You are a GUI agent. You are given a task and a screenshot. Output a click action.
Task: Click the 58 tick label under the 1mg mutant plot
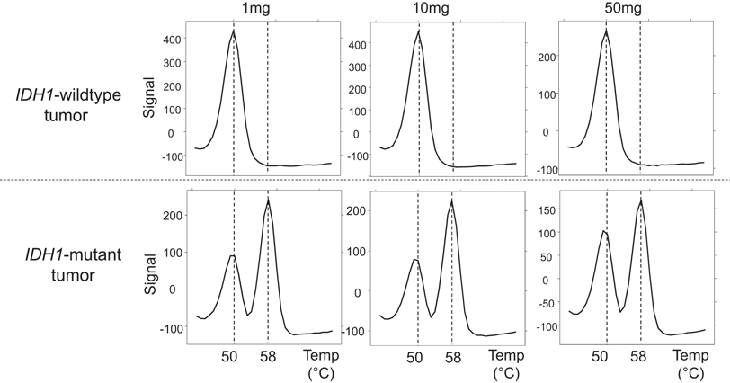coord(268,356)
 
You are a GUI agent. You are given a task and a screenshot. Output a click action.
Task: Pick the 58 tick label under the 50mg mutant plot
coord(639,356)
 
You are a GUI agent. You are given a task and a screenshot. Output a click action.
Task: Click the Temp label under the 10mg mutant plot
coord(508,355)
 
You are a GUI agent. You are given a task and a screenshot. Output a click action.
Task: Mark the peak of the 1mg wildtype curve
coord(233,31)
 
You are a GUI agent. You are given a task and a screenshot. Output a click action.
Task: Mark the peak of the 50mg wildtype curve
coord(606,31)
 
